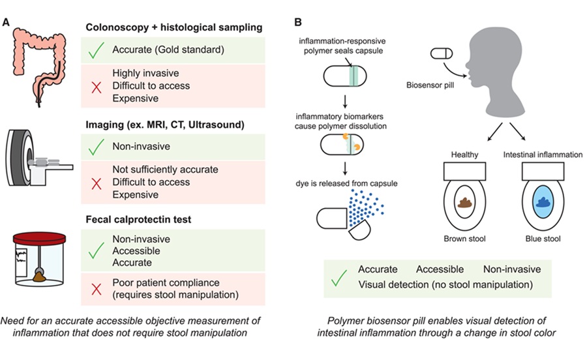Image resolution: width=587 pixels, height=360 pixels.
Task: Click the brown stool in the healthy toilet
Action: coord(466,203)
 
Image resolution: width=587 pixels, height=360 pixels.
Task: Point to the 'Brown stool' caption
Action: coord(466,239)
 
